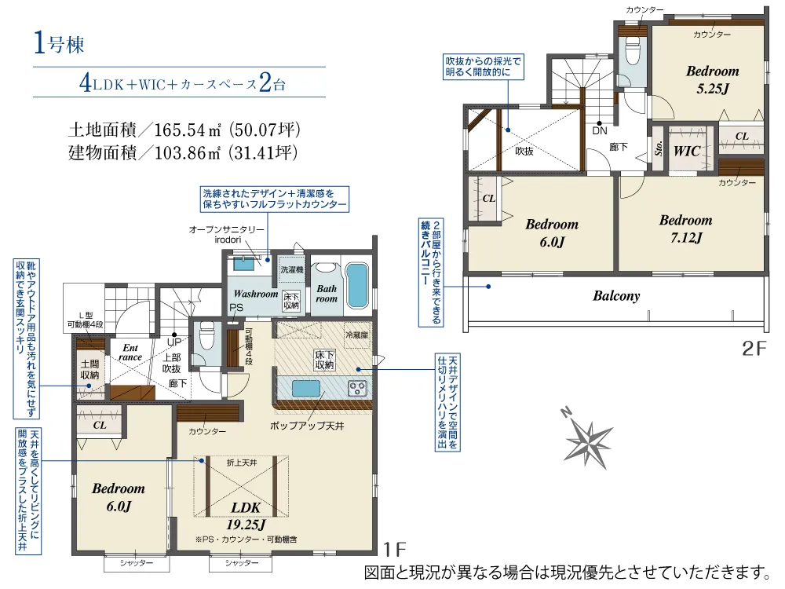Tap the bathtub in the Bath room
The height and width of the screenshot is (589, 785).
[x=357, y=285]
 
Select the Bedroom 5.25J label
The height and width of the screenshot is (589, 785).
[x=712, y=79]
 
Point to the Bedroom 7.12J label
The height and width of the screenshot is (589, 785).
[x=685, y=229]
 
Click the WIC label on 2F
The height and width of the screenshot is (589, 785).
[x=686, y=151]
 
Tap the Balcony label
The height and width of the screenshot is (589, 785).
[x=616, y=296]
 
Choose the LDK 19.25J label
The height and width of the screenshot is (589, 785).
[x=246, y=516]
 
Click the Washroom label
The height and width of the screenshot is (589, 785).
[x=255, y=294]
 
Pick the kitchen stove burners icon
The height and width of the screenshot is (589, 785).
[x=357, y=388]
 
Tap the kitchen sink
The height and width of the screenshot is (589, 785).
[x=306, y=388]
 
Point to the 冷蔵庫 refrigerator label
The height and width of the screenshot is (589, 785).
[x=356, y=334]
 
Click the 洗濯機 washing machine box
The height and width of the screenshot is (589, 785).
[x=292, y=269]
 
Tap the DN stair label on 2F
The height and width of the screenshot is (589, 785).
[x=599, y=130]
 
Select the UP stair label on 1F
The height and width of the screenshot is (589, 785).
[x=173, y=342]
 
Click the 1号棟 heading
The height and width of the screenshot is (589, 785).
[x=59, y=43]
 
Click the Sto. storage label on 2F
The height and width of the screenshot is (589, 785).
[x=659, y=148]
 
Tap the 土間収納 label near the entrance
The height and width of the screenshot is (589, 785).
[x=90, y=370]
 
